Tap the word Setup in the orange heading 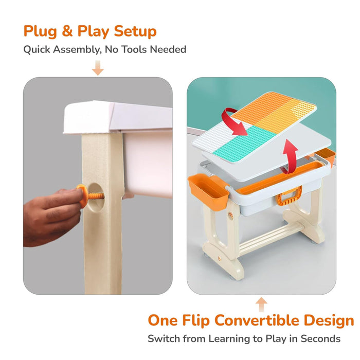coord(132,31)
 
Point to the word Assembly coord(77,50)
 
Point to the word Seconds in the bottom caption coord(322,339)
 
